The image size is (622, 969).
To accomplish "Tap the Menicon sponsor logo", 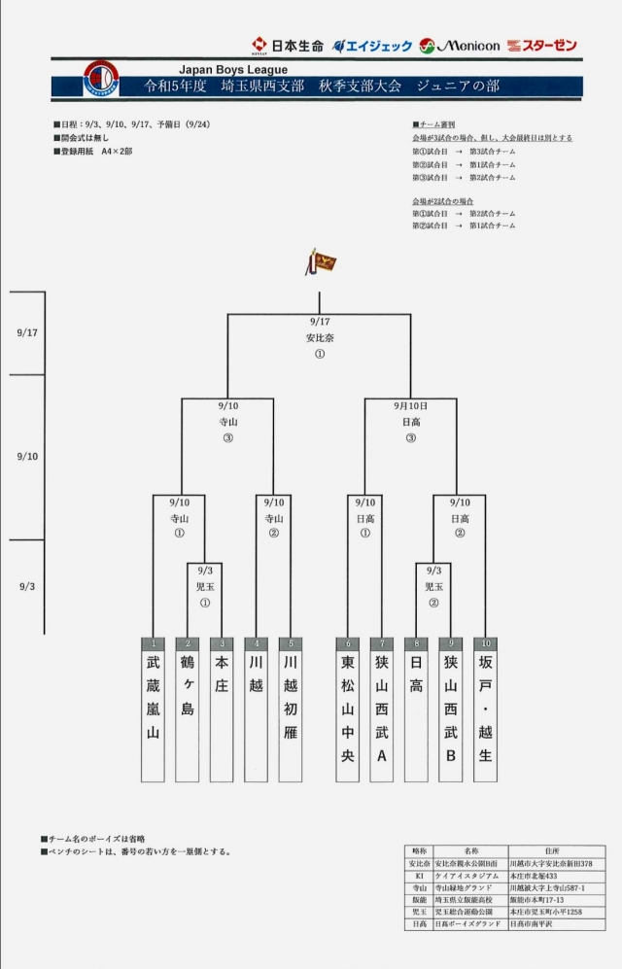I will click(x=460, y=46).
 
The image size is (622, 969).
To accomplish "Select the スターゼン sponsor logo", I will click(x=542, y=46).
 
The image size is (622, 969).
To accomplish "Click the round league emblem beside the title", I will click(x=101, y=79).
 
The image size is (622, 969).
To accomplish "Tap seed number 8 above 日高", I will click(x=416, y=643).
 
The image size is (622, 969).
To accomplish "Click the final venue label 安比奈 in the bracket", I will click(x=319, y=337).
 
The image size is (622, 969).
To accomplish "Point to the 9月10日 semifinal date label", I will click(x=410, y=405).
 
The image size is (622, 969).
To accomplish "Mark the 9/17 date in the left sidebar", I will click(x=27, y=332).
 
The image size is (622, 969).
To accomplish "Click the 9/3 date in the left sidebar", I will click(x=27, y=586).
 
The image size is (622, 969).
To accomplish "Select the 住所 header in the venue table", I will click(x=556, y=850).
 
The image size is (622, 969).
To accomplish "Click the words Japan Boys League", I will click(x=233, y=69).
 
